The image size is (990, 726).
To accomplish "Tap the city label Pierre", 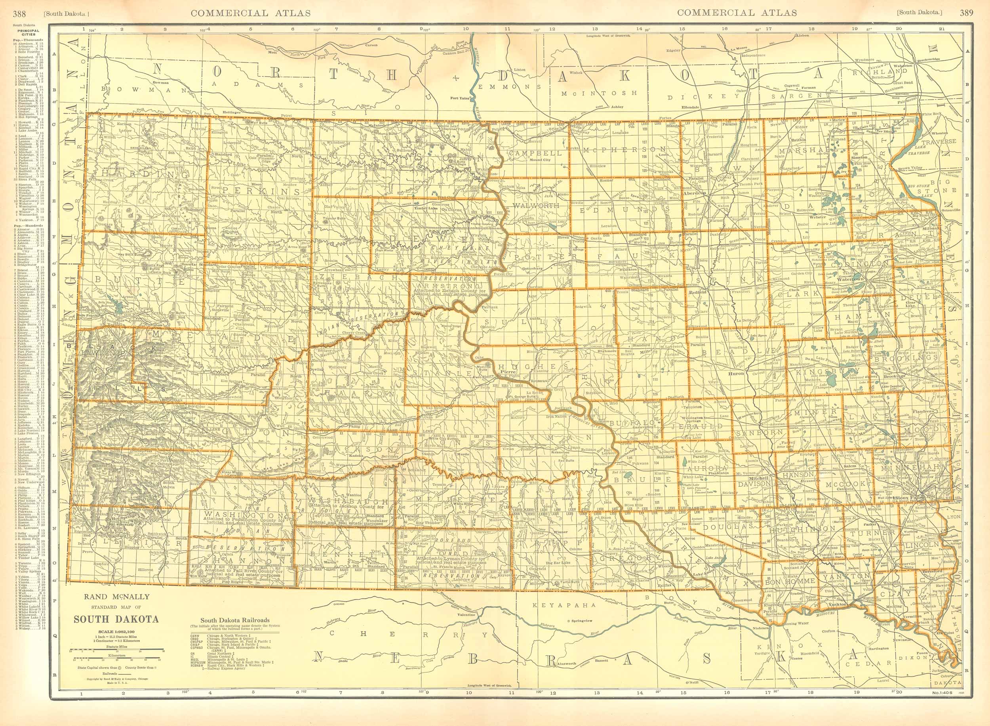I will point(507,372).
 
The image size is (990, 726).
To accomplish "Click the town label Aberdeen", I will point(694,193).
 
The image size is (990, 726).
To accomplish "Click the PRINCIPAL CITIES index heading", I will point(28,33).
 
